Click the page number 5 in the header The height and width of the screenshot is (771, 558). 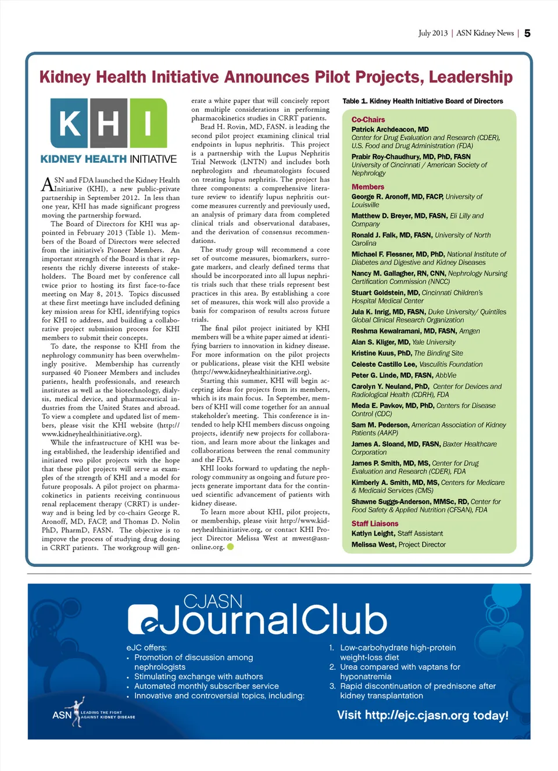[527, 33]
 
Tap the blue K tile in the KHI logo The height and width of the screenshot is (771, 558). [70, 123]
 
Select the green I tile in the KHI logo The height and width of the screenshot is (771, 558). [148, 123]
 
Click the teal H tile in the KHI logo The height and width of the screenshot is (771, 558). [109, 123]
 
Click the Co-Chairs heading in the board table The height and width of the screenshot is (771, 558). [368, 119]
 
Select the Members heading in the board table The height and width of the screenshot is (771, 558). [367, 187]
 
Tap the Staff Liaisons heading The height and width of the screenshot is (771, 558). [375, 523]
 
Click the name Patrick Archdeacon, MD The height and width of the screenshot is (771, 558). [390, 130]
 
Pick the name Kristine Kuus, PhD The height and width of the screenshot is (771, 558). [381, 353]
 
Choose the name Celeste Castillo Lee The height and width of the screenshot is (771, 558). [384, 364]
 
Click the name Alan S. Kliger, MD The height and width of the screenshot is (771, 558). [381, 342]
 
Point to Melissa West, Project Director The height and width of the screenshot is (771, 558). [399, 544]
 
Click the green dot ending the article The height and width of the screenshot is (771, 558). [230, 547]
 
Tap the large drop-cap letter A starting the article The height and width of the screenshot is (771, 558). [47, 184]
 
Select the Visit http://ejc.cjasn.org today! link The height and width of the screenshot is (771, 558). [423, 715]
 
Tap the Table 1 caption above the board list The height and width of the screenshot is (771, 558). [423, 101]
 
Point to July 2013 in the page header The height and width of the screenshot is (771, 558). [433, 33]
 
